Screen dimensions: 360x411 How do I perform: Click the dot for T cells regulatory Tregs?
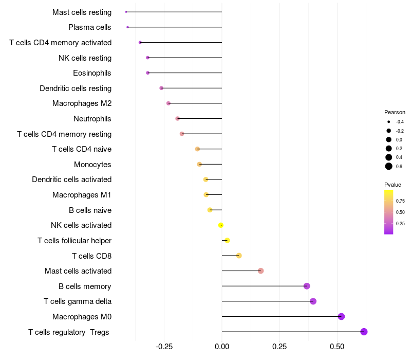pyautogui.click(x=364, y=332)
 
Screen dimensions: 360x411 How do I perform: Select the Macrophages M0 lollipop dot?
pyautogui.click(x=341, y=317)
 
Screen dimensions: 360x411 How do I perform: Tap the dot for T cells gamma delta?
pyautogui.click(x=313, y=301)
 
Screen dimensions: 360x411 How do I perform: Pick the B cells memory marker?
pyautogui.click(x=307, y=286)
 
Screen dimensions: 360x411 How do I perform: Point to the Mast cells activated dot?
pyautogui.click(x=260, y=271)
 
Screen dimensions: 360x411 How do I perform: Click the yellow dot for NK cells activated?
pyautogui.click(x=221, y=225)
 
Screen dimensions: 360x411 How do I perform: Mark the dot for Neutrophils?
pyautogui.click(x=178, y=119)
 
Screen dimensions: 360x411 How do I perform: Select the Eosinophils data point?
pyautogui.click(x=148, y=73)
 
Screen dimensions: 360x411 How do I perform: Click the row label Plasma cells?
pyautogui.click(x=90, y=27)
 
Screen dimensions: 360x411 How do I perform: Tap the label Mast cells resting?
pyautogui.click(x=82, y=12)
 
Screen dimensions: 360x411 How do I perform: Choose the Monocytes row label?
pyautogui.click(x=92, y=165)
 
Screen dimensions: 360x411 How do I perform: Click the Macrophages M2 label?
pyautogui.click(x=82, y=103)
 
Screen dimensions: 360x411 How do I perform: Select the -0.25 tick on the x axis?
pyautogui.click(x=164, y=347)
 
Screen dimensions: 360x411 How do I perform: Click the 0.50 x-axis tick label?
pyautogui.click(x=337, y=347)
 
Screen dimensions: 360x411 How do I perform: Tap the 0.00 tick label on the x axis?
pyautogui.click(x=222, y=347)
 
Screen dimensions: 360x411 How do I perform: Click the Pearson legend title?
pyautogui.click(x=395, y=112)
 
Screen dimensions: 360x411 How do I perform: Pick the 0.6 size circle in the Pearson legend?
pyautogui.click(x=389, y=166)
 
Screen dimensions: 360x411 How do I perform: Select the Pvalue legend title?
pyautogui.click(x=393, y=185)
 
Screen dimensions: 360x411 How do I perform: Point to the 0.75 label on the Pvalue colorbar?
pyautogui.click(x=400, y=201)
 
